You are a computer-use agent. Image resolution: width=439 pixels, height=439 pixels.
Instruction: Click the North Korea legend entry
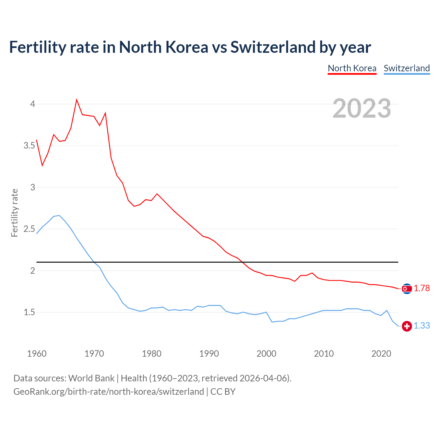pos(352,68)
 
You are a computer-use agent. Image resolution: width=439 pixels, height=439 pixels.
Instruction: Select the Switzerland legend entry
pos(406,68)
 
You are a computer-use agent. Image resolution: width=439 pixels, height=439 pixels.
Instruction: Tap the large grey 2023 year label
pos(361,108)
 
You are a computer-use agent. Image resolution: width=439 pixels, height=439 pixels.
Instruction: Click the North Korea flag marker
pos(407,289)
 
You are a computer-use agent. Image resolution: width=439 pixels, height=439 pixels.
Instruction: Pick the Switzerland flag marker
pos(407,326)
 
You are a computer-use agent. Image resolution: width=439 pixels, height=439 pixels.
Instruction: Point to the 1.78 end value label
pos(422,288)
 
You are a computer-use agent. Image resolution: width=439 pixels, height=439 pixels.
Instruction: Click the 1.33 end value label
pos(422,326)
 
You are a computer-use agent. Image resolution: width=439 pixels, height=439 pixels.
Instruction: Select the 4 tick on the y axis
pos(33,104)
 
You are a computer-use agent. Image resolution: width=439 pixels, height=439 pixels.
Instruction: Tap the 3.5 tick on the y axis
pos(29,146)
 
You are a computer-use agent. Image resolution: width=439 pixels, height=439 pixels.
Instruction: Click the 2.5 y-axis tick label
pos(29,229)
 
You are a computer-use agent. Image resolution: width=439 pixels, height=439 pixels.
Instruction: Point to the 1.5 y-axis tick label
pos(29,312)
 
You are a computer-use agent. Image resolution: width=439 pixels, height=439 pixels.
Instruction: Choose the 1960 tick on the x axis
pos(37,354)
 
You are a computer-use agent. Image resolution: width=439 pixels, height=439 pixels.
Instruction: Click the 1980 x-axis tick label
pos(152,354)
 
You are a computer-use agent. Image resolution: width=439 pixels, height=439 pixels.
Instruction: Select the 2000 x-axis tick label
pos(266,354)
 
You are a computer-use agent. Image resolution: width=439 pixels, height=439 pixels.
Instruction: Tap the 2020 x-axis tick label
pos(381,354)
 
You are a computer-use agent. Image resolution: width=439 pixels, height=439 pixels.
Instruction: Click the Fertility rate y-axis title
pos(14,213)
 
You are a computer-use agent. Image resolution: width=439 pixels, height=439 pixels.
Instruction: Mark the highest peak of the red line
pos(76,100)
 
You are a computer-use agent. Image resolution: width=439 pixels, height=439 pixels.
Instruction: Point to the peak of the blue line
pos(59,215)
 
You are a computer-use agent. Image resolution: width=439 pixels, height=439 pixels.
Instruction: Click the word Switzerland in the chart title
pos(273,47)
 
